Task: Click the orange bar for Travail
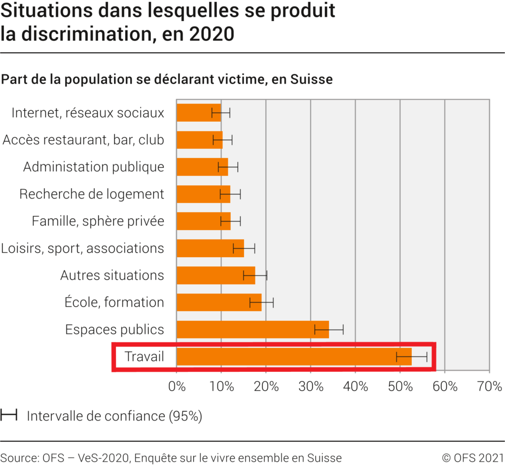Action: (294, 357)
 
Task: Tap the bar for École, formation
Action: (219, 302)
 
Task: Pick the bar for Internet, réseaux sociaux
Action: (198, 113)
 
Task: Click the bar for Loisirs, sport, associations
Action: (210, 248)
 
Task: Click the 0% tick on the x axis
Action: (177, 387)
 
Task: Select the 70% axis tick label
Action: (489, 387)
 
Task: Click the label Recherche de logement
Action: (92, 194)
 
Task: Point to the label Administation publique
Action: (94, 167)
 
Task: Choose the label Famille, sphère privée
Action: (98, 221)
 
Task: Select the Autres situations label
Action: (112, 275)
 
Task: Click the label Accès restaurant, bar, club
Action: (83, 140)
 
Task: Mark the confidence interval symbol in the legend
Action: (9, 416)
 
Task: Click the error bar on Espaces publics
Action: (329, 330)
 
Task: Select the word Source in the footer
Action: (17, 458)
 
